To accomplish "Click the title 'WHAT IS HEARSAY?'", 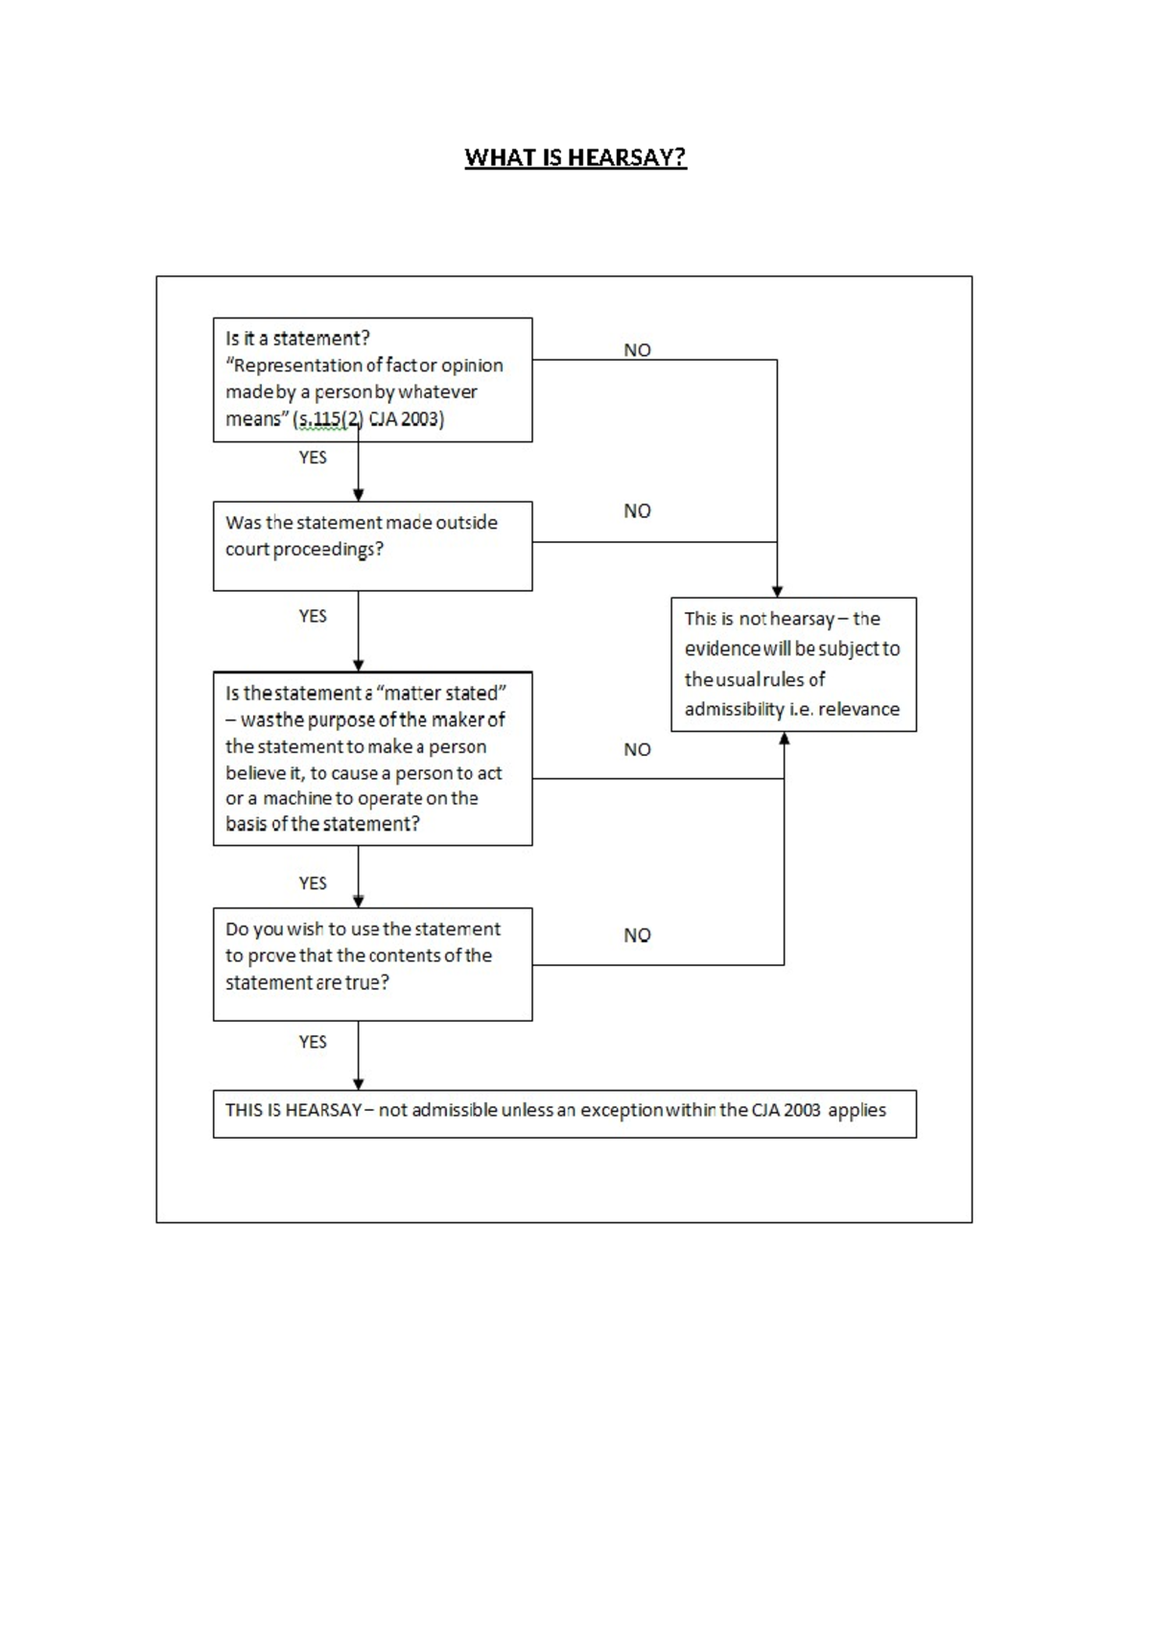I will point(575,157).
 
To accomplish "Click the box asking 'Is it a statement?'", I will point(372,379).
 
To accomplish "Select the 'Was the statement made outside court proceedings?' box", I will point(372,545).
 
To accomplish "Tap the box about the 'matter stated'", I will point(372,758).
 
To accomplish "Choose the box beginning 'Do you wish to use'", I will point(372,963).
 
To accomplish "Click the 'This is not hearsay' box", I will point(793,664).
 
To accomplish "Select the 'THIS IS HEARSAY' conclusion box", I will point(564,1113).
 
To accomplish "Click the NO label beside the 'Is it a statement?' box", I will point(637,350).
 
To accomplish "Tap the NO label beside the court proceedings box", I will point(637,511).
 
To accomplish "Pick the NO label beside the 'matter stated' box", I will point(637,749).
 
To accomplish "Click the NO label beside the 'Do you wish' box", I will point(637,934).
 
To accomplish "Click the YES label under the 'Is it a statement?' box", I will point(313,458).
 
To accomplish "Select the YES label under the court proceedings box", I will point(313,616).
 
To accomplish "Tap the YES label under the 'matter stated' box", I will point(313,883).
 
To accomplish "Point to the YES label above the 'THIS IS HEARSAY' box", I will point(313,1042).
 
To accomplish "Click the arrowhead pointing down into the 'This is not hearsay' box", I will point(777,591).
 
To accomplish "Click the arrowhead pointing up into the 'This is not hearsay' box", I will point(785,739).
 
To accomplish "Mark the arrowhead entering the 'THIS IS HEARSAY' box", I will point(359,1083).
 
